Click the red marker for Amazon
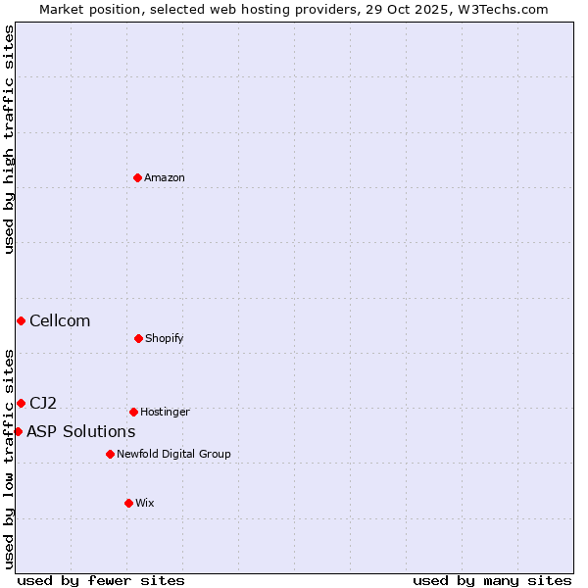coord(138,177)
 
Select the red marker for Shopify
coord(138,338)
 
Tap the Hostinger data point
coord(133,412)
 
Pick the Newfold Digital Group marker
coord(110,454)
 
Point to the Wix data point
coord(128,503)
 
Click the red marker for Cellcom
coord(21,320)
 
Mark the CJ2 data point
coord(21,403)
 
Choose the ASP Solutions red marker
coord(18,431)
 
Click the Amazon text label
coord(165,177)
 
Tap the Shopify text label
coord(165,338)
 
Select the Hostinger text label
coord(165,412)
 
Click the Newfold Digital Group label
coord(173,454)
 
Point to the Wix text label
coord(145,503)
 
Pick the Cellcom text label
coord(60,320)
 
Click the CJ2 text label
coord(43,403)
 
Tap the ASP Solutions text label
coord(80,431)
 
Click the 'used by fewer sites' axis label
coord(101,580)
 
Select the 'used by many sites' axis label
coord(492,580)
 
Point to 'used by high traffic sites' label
coord(9,139)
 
